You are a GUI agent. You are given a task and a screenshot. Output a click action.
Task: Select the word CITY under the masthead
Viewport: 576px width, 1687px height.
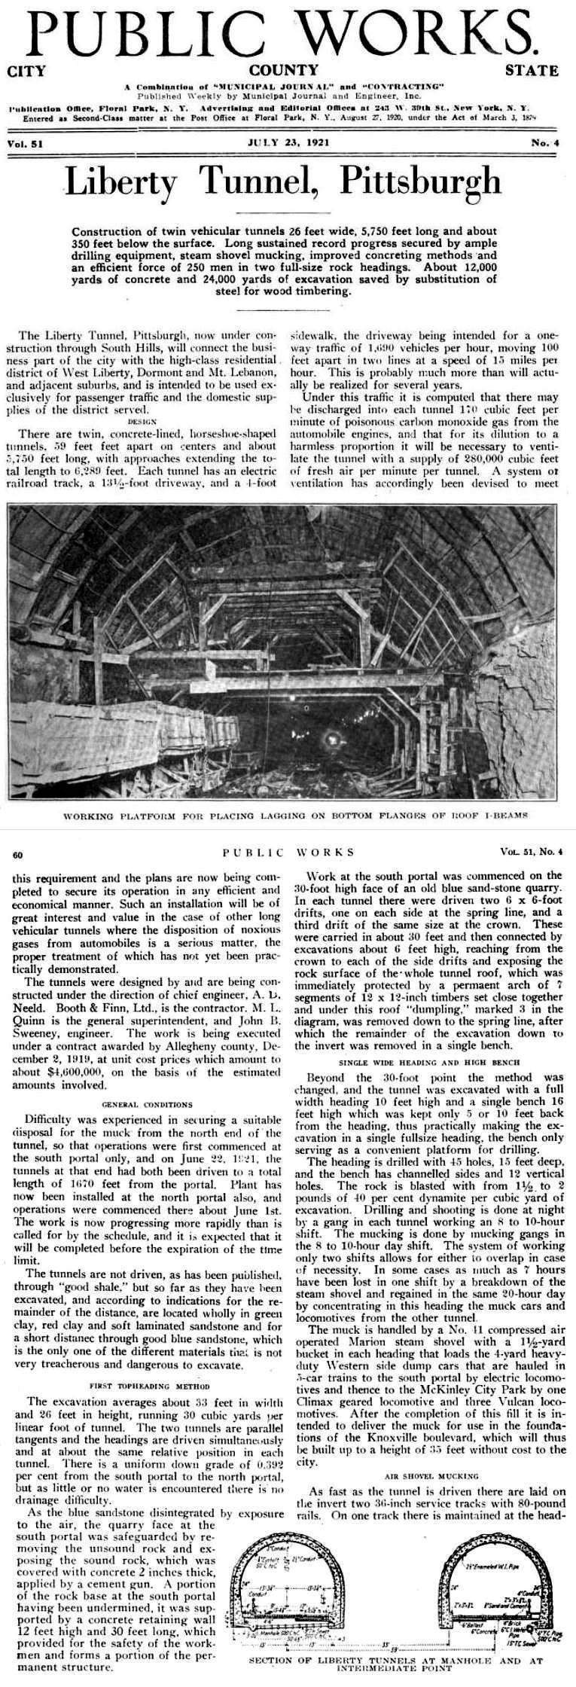click(26, 72)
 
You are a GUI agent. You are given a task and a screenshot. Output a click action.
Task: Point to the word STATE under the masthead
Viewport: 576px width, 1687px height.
click(532, 72)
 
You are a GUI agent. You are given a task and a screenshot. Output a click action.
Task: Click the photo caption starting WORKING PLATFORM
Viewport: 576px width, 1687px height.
click(288, 816)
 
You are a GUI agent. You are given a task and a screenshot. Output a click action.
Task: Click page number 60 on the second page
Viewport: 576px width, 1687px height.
click(19, 854)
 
